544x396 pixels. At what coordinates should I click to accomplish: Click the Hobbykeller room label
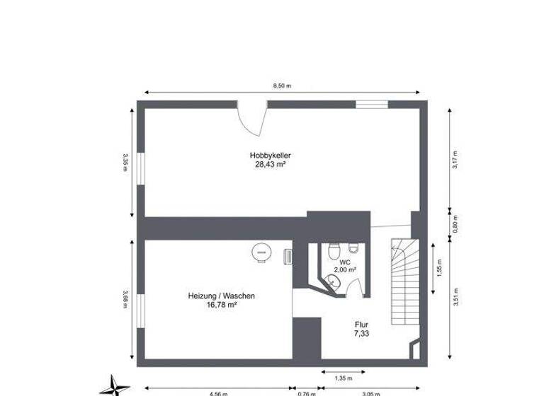pos(271,156)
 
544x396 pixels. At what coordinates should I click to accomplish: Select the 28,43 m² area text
pos(271,164)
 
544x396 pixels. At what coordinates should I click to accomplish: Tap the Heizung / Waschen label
pos(221,296)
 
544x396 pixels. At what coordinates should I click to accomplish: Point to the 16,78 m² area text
pos(221,305)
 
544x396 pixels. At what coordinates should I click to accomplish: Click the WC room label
pos(345,262)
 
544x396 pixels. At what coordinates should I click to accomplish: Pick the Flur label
pos(362,325)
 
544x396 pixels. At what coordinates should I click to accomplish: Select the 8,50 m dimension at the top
pos(283,86)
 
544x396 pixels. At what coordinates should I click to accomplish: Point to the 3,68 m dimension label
pos(125,300)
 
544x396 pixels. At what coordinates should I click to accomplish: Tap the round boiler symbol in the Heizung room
pos(261,252)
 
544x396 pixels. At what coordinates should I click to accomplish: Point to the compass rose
pos(112,385)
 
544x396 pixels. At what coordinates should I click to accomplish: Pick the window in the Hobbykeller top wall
pos(371,105)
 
